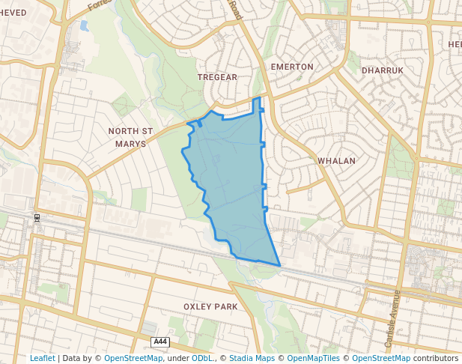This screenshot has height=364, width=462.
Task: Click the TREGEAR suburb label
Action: [217, 77]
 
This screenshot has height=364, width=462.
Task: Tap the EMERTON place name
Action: [291, 67]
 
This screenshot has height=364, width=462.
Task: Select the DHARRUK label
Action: [382, 70]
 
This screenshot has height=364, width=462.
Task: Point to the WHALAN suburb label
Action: [336, 161]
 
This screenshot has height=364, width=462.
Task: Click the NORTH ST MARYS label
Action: [130, 137]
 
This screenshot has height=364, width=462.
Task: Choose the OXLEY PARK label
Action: [210, 307]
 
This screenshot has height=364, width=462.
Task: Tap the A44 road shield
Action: [159, 342]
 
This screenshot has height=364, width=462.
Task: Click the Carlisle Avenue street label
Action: [392, 318]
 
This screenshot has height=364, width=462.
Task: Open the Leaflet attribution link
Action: [42, 358]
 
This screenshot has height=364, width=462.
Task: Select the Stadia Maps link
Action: [251, 358]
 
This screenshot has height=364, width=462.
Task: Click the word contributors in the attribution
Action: [436, 358]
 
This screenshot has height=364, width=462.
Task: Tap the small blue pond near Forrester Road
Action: [84, 25]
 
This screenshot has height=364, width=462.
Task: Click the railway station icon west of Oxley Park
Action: [35, 218]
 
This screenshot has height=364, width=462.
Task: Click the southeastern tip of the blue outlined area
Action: [280, 265]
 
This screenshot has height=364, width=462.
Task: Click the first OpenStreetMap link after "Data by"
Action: [133, 358]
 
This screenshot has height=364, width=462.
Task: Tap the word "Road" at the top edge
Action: [237, 10]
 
